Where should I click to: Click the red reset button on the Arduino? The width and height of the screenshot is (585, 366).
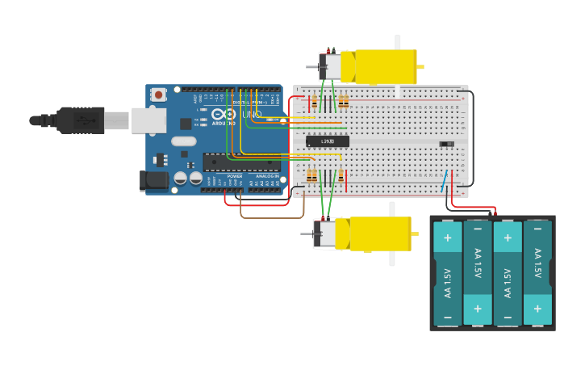[158, 95]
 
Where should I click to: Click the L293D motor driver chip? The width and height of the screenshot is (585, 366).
[328, 141]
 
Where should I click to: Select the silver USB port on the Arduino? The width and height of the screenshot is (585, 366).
[148, 120]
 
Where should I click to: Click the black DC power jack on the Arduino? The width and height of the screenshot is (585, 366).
[153, 180]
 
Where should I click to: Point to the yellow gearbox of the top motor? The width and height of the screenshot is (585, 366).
[386, 67]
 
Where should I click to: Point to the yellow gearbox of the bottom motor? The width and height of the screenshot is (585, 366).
[379, 233]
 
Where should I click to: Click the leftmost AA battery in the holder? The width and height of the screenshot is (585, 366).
[448, 273]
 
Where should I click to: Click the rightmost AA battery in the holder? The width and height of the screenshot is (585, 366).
[537, 273]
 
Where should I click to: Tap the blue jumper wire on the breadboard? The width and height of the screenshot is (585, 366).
[445, 182]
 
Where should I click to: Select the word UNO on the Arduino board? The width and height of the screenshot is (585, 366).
[251, 115]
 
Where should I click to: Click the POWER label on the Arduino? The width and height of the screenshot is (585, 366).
[234, 175]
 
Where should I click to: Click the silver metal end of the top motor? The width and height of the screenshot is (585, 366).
[329, 67]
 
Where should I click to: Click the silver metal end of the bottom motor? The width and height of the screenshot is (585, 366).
[324, 234]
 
